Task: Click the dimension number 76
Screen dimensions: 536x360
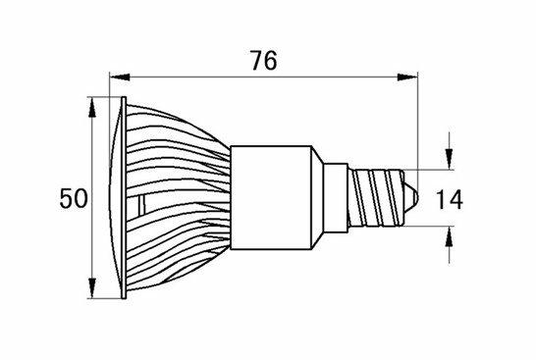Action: tap(263, 61)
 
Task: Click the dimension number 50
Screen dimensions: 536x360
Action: tap(74, 198)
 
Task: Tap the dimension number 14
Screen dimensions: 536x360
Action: tap(450, 199)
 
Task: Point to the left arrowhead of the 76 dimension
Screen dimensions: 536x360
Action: tap(120, 77)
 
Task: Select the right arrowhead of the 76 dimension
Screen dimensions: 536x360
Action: tap(407, 77)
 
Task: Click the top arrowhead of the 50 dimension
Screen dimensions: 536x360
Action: tap(91, 107)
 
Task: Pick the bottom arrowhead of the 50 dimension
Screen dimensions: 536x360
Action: tap(91, 288)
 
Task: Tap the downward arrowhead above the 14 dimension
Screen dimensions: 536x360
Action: tap(450, 159)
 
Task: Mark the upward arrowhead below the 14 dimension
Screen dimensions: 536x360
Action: tap(450, 236)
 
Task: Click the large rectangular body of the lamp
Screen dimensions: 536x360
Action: tap(271, 197)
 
